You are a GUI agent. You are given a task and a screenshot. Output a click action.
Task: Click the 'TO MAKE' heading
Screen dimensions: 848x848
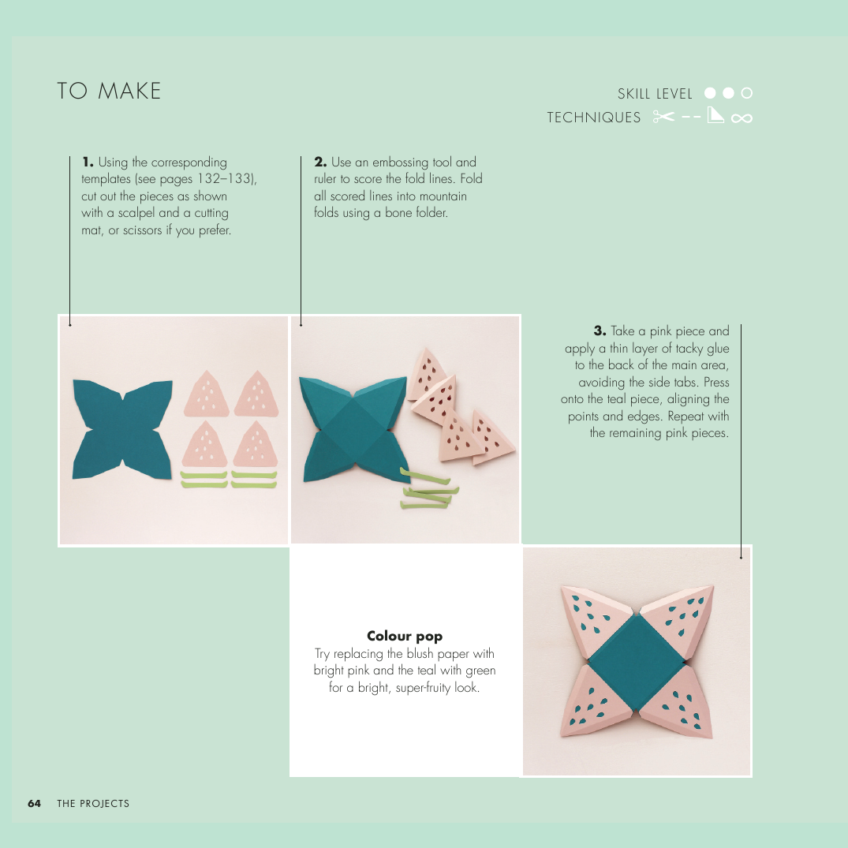coord(109,91)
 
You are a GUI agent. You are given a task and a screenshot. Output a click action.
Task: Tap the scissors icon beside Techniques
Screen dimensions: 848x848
coord(663,116)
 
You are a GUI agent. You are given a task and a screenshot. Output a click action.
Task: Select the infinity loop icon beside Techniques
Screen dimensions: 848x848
coord(742,118)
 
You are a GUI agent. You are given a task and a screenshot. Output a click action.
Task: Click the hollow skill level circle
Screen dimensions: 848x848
coord(746,93)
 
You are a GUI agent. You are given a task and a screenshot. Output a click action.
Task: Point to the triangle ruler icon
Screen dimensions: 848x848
coord(715,114)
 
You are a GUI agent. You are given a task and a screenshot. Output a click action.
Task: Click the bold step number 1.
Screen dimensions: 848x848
coord(88,162)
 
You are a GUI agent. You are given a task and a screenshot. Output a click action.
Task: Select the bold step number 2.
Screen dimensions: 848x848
coord(320,162)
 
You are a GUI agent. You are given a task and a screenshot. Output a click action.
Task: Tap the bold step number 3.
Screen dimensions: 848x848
coord(600,331)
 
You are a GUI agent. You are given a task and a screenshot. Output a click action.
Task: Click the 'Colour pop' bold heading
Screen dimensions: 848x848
coord(405,636)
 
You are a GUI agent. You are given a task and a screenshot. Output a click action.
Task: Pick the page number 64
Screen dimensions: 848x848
coord(34,803)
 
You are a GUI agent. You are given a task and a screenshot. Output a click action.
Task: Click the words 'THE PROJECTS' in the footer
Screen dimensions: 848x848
coord(93,803)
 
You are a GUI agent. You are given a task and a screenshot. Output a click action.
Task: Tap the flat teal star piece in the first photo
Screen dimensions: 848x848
coord(122,429)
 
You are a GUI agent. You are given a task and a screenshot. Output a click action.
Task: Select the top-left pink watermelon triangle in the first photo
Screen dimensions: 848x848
coord(206,394)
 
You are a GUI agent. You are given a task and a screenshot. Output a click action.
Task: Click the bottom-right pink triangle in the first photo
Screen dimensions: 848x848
coord(256,445)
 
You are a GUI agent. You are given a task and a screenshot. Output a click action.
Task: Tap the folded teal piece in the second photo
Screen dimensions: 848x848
coord(353,428)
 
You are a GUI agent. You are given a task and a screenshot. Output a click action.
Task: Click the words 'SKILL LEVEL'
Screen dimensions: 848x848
coord(655,94)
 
